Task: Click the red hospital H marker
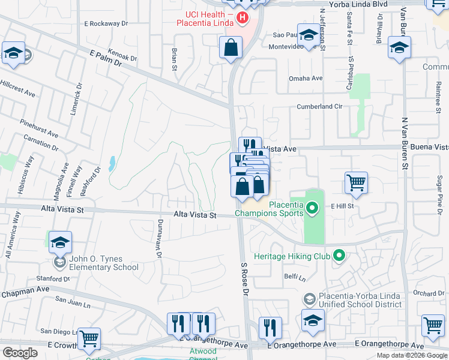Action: point(243,18)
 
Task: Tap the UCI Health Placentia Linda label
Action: point(206,19)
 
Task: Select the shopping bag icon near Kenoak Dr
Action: point(231,47)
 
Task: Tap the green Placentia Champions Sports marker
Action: point(312,209)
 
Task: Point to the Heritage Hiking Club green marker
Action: point(339,256)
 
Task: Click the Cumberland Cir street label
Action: point(319,107)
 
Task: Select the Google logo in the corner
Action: point(20,353)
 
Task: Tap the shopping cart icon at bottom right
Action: point(433,325)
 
